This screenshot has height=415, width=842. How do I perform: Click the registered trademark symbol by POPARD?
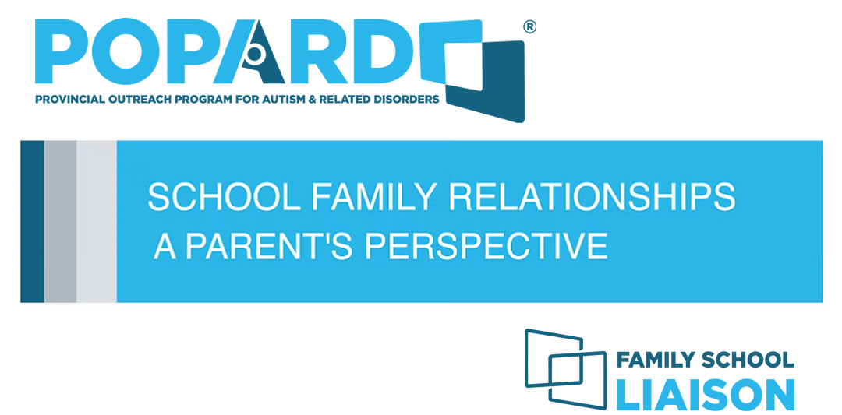tap(530, 27)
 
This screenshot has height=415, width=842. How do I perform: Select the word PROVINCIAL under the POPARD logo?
tap(65, 100)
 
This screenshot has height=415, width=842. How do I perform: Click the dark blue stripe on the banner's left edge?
tap(32, 221)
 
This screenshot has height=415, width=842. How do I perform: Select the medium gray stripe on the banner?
tap(60, 221)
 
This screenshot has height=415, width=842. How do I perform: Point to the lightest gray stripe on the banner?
tap(96, 221)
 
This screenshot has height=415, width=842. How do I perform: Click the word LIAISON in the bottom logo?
tap(705, 394)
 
